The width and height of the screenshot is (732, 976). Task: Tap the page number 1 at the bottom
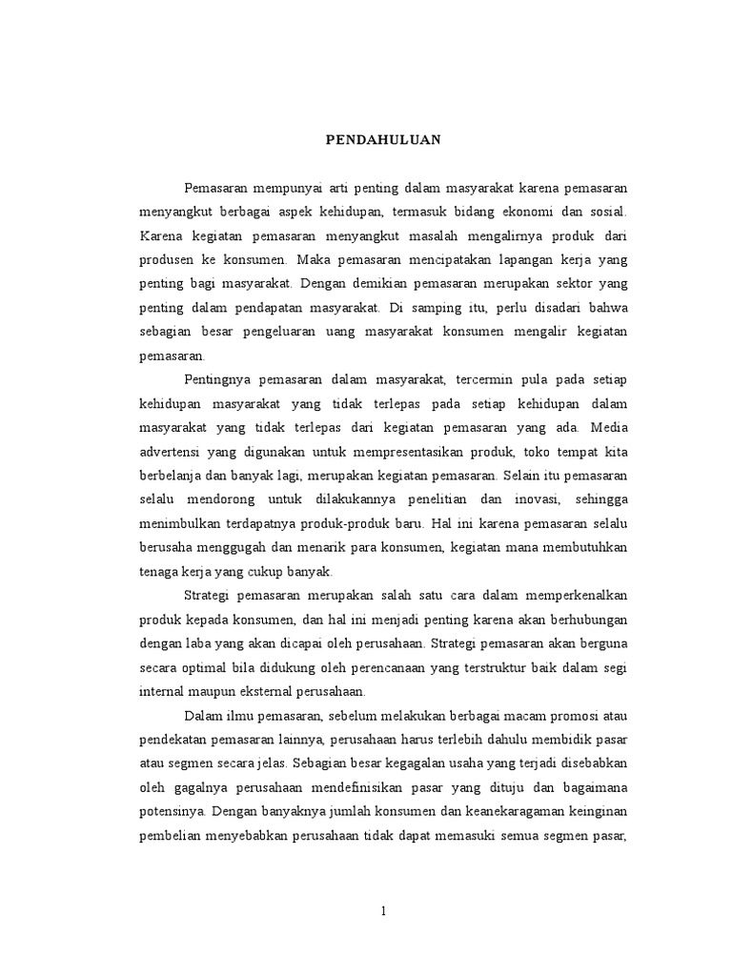(382, 911)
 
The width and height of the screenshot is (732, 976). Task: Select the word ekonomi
(541, 209)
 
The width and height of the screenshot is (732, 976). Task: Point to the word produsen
(167, 258)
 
